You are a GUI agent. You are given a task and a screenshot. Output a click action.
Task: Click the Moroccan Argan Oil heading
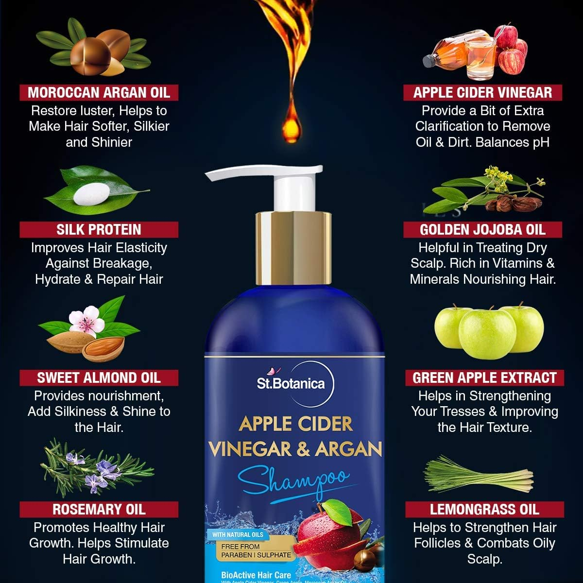(x=99, y=92)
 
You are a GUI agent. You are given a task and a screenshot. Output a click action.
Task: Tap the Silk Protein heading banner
(x=99, y=229)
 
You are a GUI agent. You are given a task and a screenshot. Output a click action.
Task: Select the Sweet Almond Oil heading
(x=99, y=377)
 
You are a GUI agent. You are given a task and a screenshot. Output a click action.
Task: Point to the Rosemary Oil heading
(x=99, y=509)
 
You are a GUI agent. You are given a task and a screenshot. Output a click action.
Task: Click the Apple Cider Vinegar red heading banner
(x=482, y=92)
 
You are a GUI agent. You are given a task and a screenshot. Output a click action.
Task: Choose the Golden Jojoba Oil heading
(x=482, y=229)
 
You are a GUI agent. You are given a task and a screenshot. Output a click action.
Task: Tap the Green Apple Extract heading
(x=484, y=377)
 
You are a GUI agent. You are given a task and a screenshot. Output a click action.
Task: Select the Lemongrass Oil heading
(x=484, y=509)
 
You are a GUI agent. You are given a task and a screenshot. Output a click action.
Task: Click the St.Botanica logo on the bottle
(x=291, y=383)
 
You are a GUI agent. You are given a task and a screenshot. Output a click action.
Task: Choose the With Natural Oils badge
(x=238, y=534)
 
